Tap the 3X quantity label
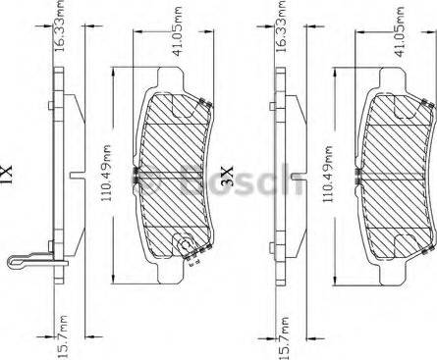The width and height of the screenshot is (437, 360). (x=227, y=177)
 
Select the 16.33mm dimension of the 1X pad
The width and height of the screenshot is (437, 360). (x=59, y=26)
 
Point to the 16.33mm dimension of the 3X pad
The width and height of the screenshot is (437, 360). (x=282, y=26)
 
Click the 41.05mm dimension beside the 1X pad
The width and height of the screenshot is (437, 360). (x=177, y=31)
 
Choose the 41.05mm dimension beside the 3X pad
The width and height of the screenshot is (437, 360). (x=400, y=32)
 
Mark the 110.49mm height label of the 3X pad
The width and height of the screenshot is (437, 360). (x=327, y=174)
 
